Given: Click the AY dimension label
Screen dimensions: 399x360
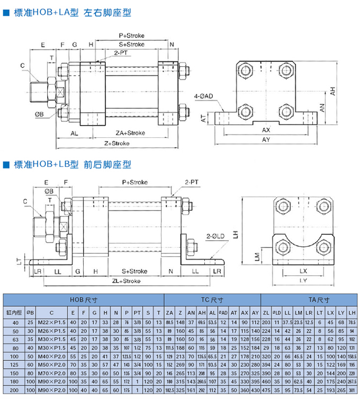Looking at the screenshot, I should [x=266, y=139].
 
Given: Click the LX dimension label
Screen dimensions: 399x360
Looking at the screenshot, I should [x=302, y=270].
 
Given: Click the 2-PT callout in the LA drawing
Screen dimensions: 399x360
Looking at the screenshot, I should [x=121, y=53].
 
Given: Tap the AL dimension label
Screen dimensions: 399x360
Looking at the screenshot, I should [x=75, y=133].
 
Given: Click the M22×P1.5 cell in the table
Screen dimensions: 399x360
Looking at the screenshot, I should [x=52, y=322].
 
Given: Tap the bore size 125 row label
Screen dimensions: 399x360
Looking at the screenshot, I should [x=14, y=365].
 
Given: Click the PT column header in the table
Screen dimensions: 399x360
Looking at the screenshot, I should [x=137, y=312].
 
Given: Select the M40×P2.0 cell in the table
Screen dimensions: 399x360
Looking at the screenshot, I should [x=52, y=356].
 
